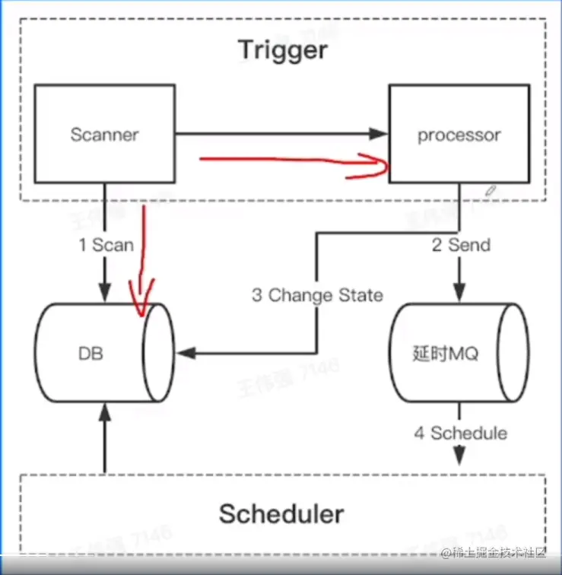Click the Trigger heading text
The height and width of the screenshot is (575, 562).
click(283, 50)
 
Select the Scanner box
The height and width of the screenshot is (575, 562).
click(105, 135)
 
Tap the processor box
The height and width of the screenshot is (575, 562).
click(459, 135)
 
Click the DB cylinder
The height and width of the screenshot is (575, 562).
click(105, 354)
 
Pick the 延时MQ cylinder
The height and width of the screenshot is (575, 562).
click(459, 354)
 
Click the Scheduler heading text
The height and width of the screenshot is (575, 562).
click(281, 514)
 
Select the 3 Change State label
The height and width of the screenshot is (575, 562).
click(317, 294)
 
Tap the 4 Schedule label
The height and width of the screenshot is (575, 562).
click(460, 434)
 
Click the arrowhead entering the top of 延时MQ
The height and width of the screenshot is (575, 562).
click(459, 297)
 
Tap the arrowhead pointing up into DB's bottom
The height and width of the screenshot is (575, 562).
click(105, 411)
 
